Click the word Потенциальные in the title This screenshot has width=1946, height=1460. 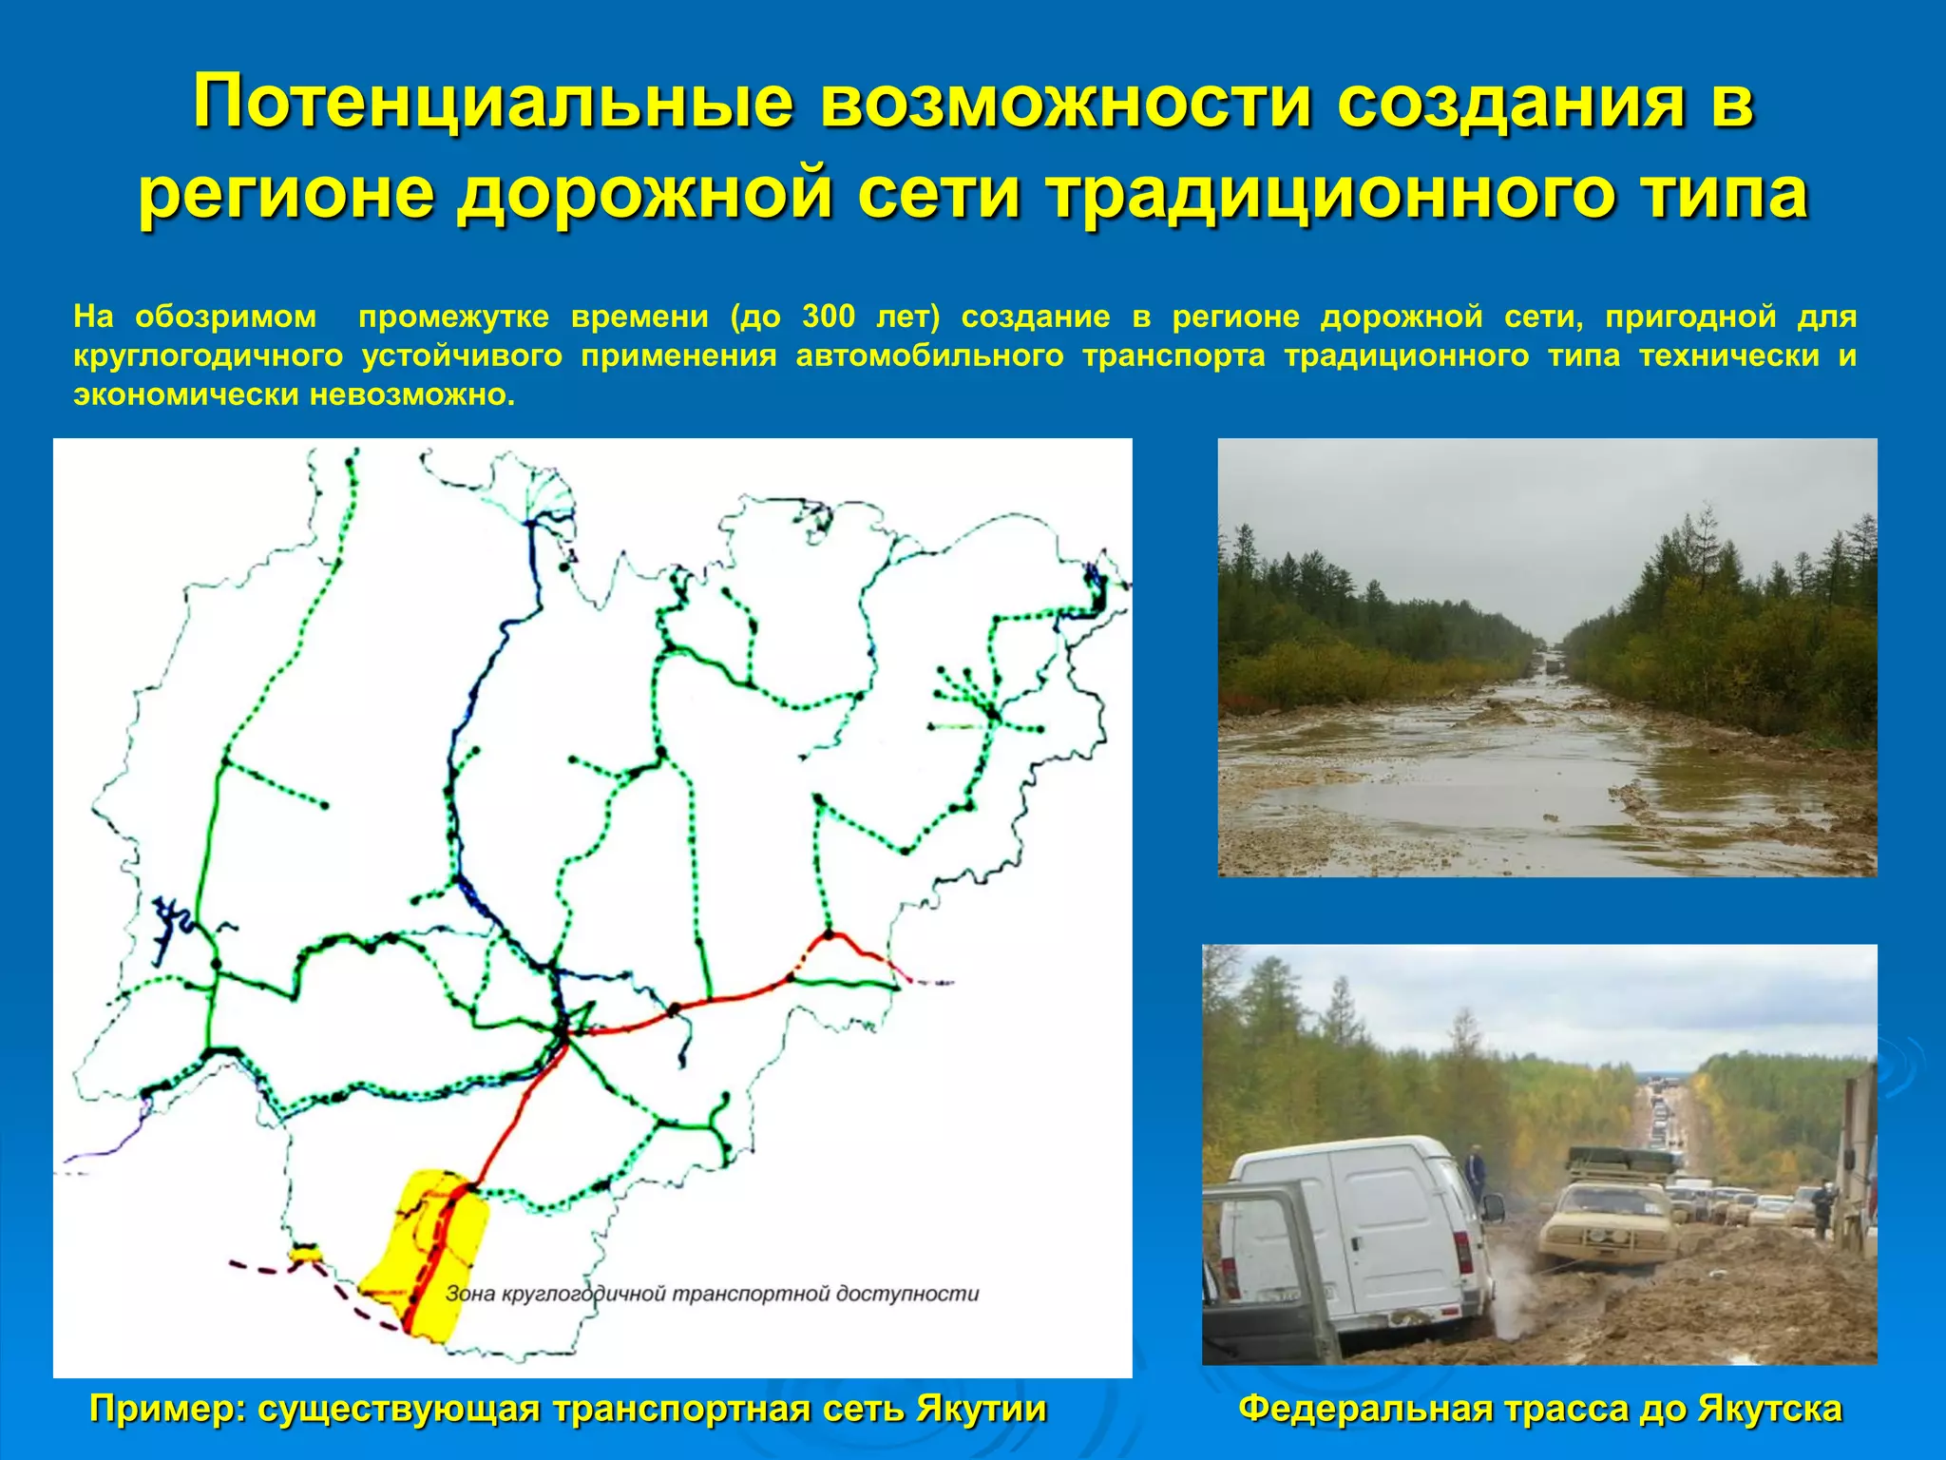(492, 101)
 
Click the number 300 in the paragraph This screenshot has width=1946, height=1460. (829, 317)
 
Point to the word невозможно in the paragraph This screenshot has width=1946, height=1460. (411, 394)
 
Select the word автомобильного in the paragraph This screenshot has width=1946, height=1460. (929, 355)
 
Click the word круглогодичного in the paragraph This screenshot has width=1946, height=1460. (208, 355)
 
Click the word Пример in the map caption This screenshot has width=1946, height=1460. (162, 1408)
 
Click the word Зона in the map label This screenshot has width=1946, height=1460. (469, 1293)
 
